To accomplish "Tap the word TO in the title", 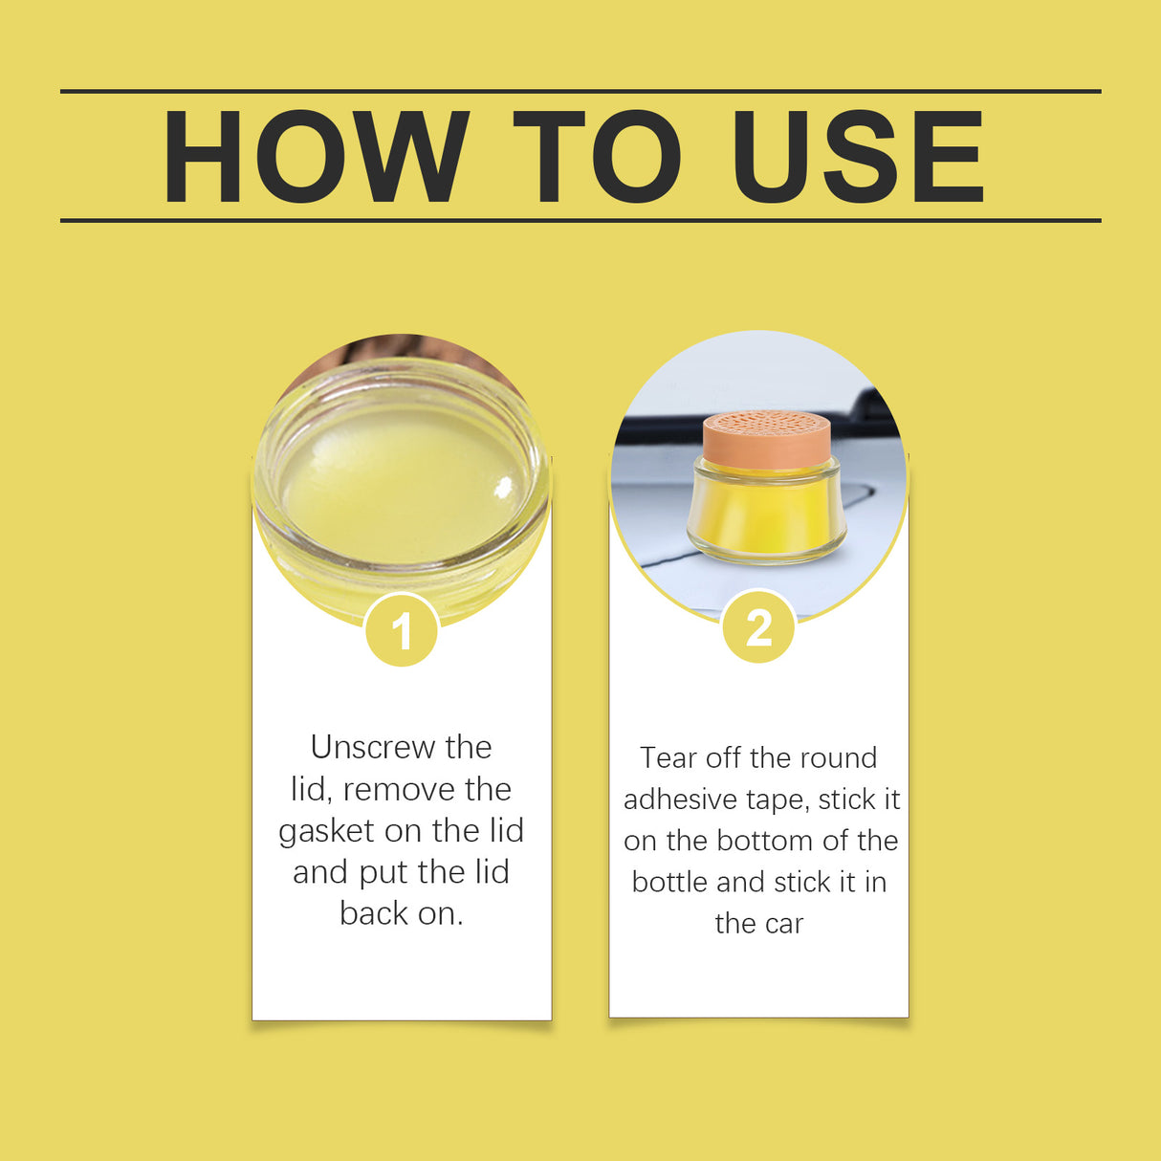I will pos(596,157).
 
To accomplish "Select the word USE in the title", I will pos(858,157).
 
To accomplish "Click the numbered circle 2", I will pos(758,628).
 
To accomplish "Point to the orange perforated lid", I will pos(766,438).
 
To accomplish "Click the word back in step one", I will pos(373,913).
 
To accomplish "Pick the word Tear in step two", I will pos(668,757).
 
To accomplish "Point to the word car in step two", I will pos(783,924).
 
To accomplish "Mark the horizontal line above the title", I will pos(580,92).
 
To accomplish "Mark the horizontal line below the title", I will pos(580,220).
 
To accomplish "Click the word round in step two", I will pos(836,757).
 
